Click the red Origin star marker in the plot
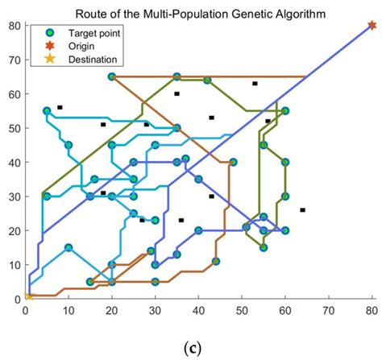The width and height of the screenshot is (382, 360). click(x=372, y=25)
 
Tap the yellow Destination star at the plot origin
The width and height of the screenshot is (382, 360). click(x=27, y=296)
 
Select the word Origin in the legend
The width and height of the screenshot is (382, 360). click(x=81, y=46)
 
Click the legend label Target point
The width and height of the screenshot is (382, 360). click(x=94, y=34)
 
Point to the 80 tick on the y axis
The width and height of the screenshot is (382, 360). click(x=14, y=25)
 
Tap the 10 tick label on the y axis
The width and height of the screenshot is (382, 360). click(x=14, y=265)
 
